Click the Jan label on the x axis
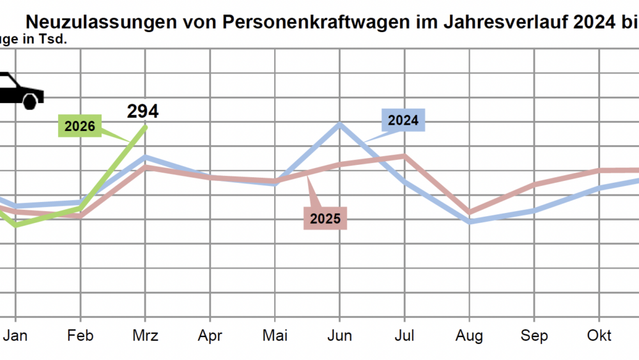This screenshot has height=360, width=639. (16, 336)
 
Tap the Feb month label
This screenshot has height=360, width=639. (81, 336)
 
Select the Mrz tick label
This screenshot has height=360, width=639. (145, 336)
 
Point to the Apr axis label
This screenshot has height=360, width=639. (210, 336)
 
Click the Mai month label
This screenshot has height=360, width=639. (275, 336)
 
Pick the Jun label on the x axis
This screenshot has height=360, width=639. (339, 336)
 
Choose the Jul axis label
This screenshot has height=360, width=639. (404, 336)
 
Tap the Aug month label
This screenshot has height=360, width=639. (470, 336)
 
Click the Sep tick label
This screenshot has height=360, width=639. (534, 336)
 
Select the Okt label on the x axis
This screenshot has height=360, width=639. (599, 336)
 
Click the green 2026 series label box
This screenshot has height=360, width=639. (80, 126)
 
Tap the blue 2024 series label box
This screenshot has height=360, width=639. (403, 120)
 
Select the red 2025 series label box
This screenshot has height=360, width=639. (325, 219)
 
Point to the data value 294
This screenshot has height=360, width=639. (142, 111)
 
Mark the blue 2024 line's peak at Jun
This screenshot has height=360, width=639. (339, 124)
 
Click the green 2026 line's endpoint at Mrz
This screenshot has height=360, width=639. (146, 127)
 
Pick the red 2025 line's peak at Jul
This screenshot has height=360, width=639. (404, 155)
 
